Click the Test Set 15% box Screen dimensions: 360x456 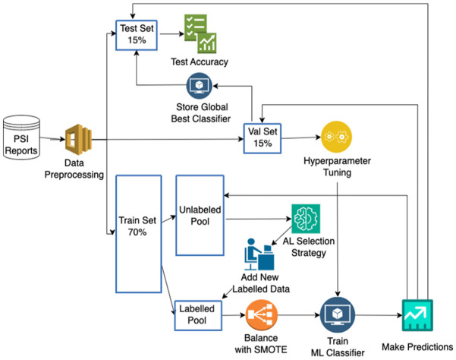(134, 34)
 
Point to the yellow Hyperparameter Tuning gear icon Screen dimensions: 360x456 (336, 137)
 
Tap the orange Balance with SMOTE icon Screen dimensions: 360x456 (262, 313)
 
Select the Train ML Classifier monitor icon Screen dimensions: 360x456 (335, 313)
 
